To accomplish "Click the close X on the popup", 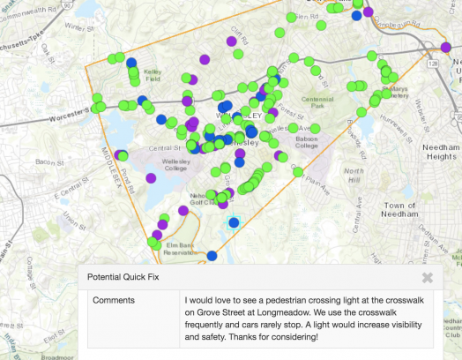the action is pos(427,277).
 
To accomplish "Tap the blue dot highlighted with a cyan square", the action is pos(234,222).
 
